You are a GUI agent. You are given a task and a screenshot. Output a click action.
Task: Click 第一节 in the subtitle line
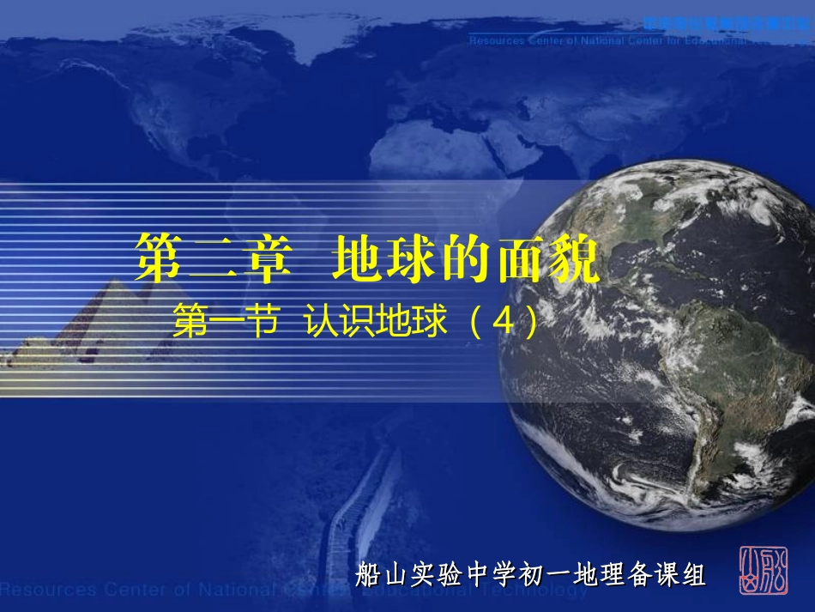point(226,323)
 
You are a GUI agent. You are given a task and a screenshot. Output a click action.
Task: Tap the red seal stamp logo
point(763,569)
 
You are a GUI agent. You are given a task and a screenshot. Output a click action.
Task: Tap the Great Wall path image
point(360,515)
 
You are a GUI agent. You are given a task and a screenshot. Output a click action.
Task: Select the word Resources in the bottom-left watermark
point(47,590)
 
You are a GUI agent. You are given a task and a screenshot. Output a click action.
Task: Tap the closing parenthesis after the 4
point(533,323)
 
